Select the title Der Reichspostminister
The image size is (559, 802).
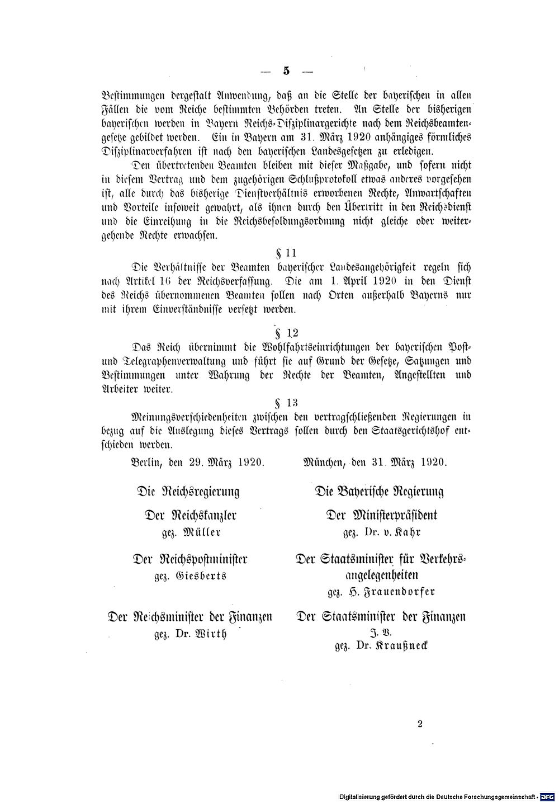(190, 559)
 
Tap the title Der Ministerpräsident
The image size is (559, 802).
(382, 515)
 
